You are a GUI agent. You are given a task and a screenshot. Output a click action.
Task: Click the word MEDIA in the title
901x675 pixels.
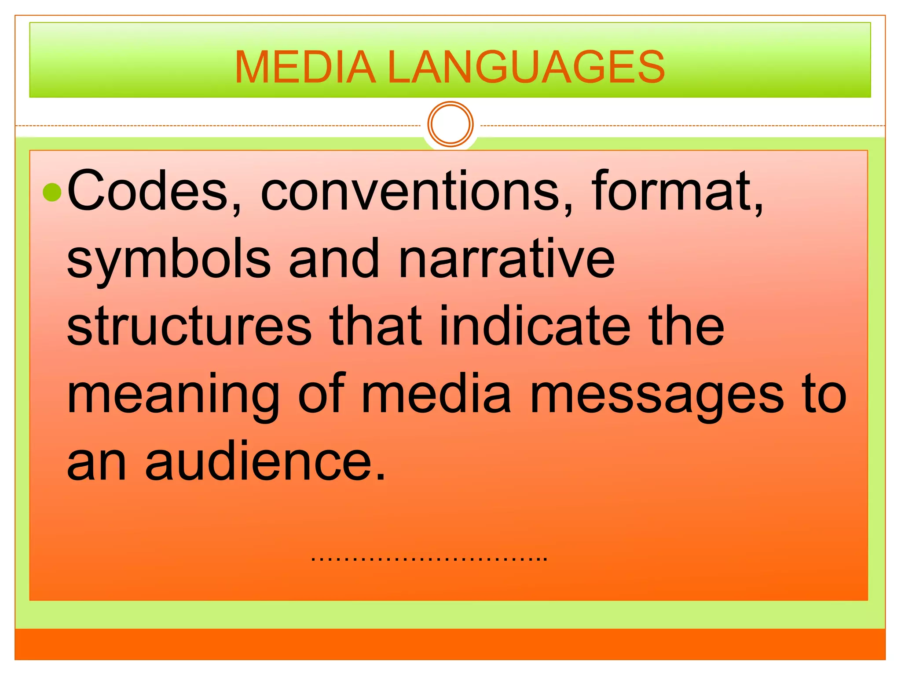[x=305, y=67]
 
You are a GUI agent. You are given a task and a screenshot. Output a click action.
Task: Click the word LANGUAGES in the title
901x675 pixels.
[x=526, y=67]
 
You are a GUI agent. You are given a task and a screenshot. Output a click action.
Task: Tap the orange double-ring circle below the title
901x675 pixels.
[x=450, y=124]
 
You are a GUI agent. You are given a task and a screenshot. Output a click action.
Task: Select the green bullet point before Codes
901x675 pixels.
[x=52, y=192]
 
